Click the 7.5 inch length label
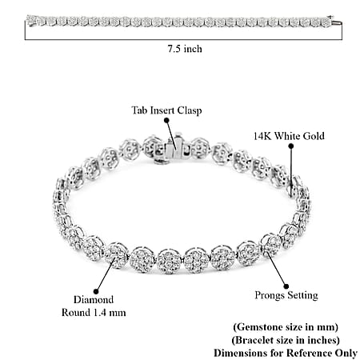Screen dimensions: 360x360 coord(185,49)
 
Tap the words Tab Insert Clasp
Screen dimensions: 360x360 coord(166,110)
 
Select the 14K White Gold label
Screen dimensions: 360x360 coord(289,136)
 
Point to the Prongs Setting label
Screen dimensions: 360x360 coord(286,295)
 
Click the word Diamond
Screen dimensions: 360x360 coord(94,299)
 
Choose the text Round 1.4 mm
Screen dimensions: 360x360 coord(94,313)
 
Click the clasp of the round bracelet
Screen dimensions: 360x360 coord(174,150)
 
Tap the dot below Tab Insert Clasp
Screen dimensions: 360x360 coord(166,120)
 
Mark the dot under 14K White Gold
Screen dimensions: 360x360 coord(291,146)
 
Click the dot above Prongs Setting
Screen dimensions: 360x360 coord(286,286)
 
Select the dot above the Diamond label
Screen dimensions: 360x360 coord(96,291)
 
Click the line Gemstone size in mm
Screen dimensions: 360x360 coord(286,327)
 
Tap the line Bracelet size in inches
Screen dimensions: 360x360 coord(286,340)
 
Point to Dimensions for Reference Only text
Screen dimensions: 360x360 coord(286,353)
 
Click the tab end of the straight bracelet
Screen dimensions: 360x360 coord(338,22)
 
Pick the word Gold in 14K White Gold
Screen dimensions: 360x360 coord(313,136)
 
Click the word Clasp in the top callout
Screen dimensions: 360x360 coord(190,110)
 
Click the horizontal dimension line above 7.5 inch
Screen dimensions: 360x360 coord(183,40)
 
